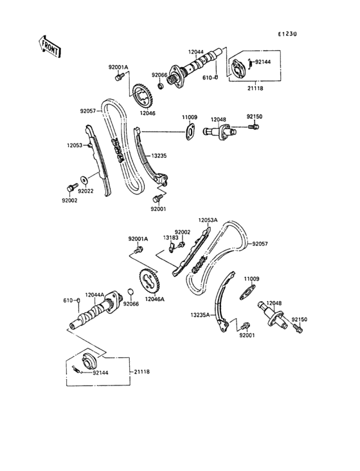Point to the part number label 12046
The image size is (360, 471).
coord(148,113)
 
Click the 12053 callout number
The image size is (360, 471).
coord(74,145)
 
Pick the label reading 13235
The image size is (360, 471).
coord(160,156)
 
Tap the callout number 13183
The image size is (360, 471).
coord(170,237)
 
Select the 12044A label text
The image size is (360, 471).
coord(95,294)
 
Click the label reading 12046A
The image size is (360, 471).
coord(154,299)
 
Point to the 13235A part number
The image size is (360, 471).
coord(200,315)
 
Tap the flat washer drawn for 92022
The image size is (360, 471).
coord(85,178)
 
